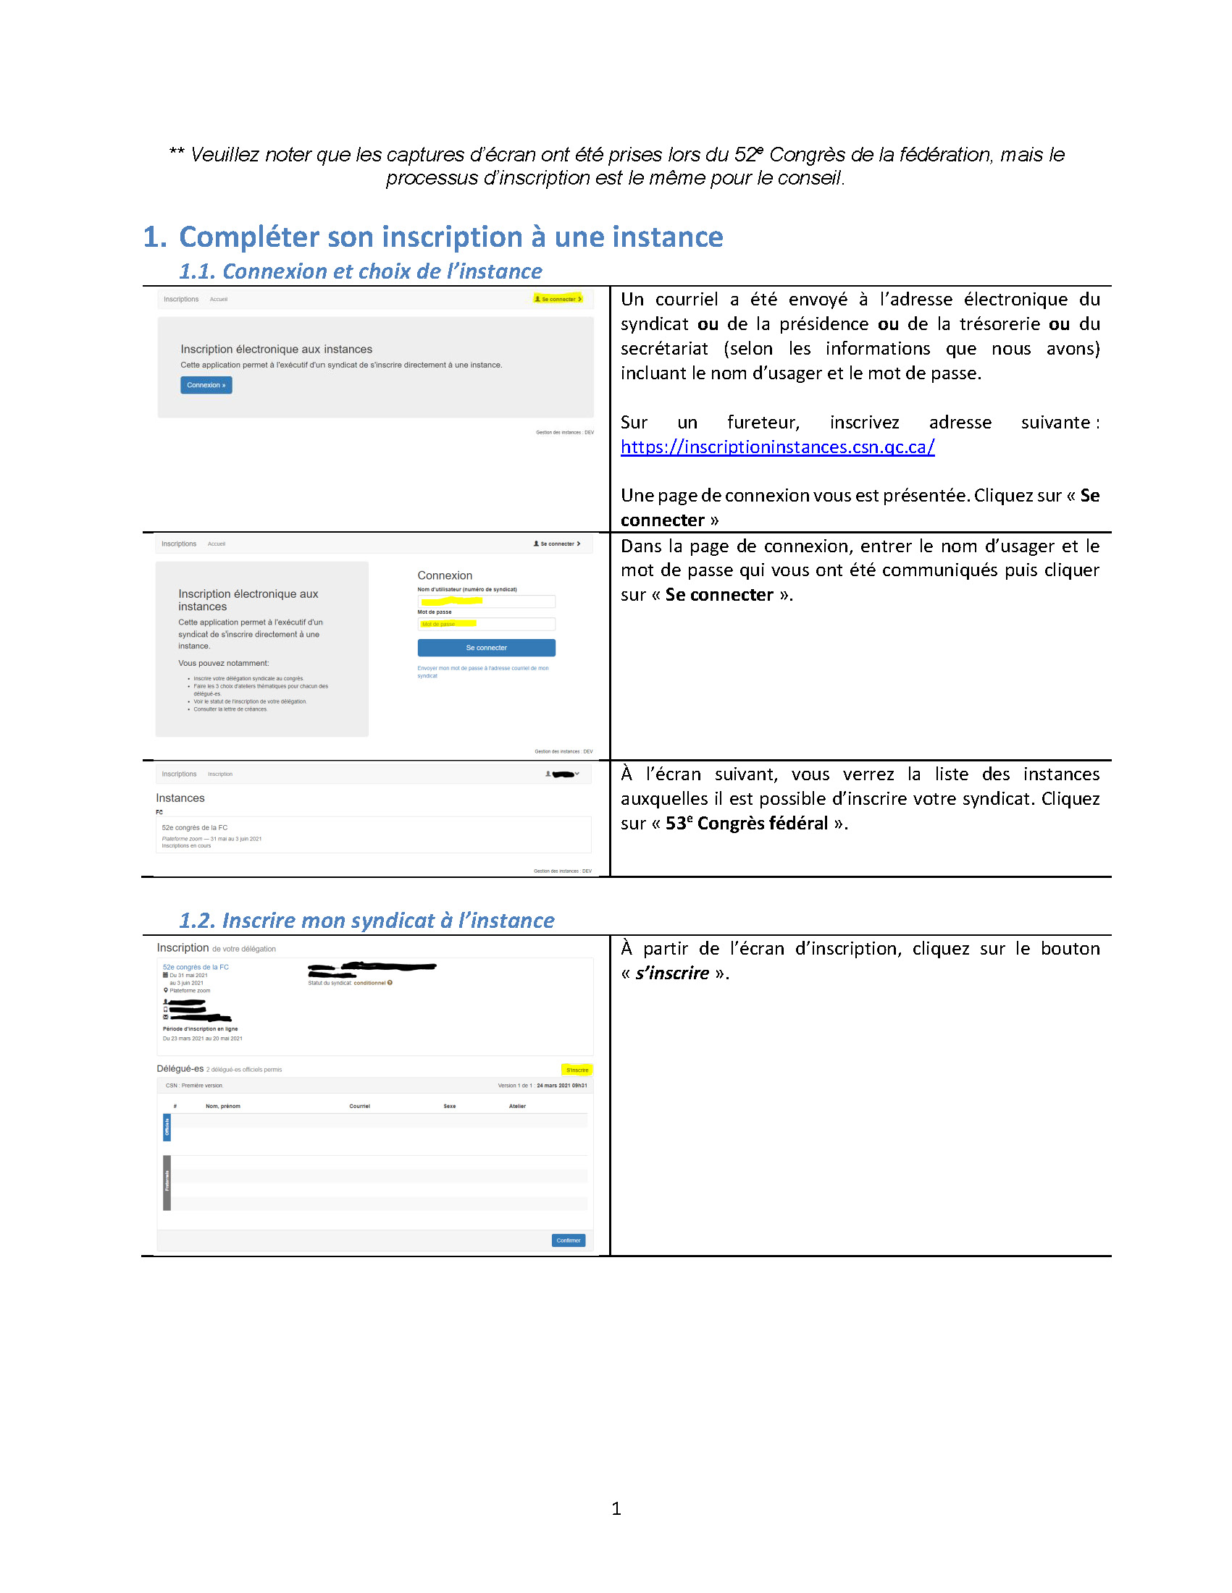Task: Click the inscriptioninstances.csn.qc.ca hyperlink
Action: tap(776, 447)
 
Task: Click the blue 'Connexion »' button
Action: tap(206, 385)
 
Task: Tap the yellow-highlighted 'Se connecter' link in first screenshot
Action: tap(558, 299)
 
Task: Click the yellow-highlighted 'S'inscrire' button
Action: tap(577, 1070)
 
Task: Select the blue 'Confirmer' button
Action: tap(568, 1240)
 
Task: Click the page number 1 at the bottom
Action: tap(616, 1508)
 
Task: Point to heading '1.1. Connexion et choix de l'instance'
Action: tap(361, 271)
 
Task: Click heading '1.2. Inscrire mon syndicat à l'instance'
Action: tap(366, 921)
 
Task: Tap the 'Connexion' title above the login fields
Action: tap(445, 575)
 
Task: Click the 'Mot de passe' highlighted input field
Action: tap(485, 625)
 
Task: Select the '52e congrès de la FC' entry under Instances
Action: tap(195, 828)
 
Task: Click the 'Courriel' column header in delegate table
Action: tap(359, 1107)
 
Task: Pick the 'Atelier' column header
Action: tap(516, 1107)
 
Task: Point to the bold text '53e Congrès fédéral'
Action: tap(746, 824)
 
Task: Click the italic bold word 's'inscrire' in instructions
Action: tap(671, 973)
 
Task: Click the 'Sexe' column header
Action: tap(450, 1107)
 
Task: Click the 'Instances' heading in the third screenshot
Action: tap(180, 798)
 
